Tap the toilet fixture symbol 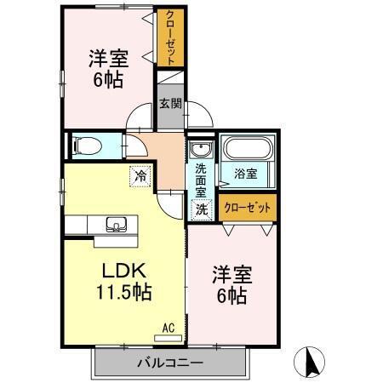86,146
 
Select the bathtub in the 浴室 245,151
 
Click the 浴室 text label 246,174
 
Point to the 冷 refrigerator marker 138,176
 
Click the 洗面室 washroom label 202,180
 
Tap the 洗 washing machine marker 201,207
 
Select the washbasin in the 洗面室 200,148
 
